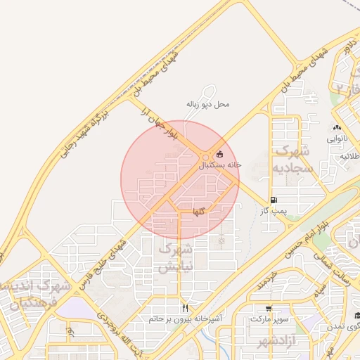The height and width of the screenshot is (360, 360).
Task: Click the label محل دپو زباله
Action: point(207,104)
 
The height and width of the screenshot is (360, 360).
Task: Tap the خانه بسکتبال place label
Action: point(219,165)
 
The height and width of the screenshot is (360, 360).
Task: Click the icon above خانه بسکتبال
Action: point(220,154)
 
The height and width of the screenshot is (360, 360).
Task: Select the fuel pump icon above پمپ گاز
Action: point(272,200)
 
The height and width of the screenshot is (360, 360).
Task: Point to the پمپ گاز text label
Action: point(272,210)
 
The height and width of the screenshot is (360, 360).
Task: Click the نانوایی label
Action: point(336,139)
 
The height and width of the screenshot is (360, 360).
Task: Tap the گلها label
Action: point(200,210)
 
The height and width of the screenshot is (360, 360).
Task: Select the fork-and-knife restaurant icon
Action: point(186,307)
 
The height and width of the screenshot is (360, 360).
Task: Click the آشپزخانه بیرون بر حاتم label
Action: point(186,319)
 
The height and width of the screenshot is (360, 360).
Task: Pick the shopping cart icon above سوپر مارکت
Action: point(269,308)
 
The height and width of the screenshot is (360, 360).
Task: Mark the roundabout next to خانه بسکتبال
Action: point(206,156)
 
